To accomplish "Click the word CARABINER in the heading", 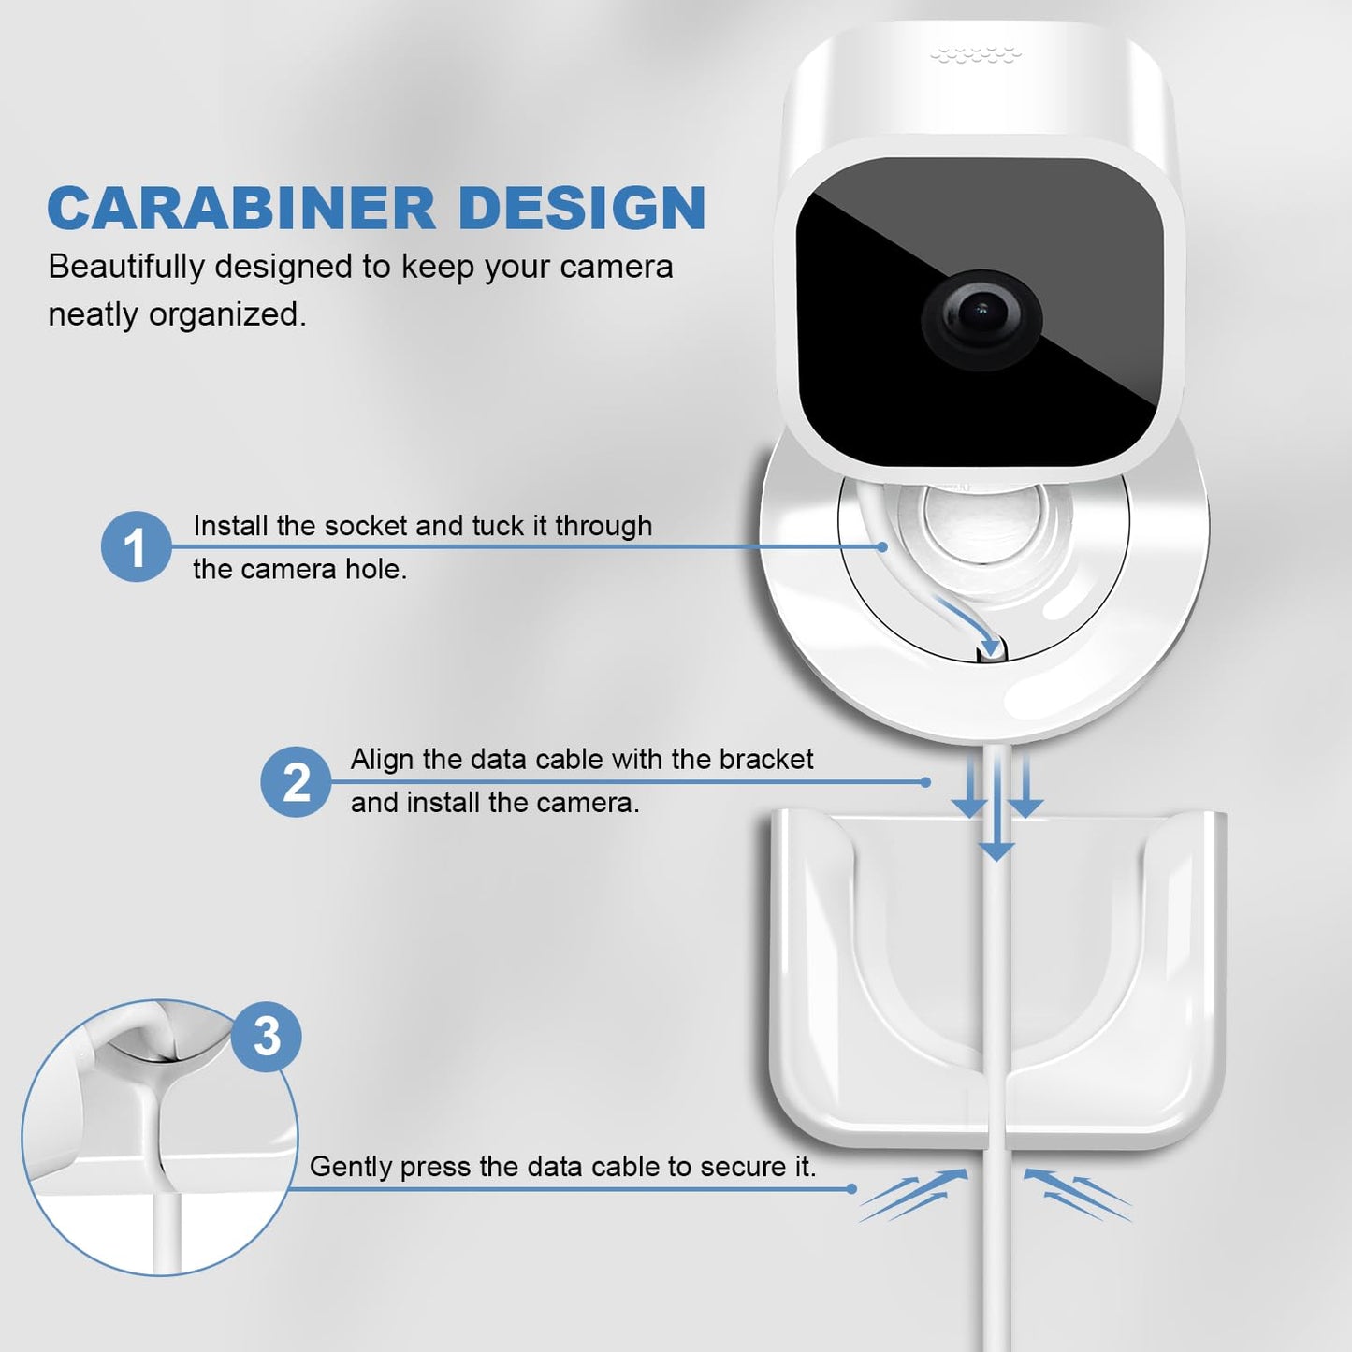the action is (242, 209).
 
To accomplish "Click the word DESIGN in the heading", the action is (585, 209).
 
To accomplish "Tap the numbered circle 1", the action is (136, 546).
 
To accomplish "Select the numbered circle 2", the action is (296, 781).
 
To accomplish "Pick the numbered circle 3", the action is (266, 1037).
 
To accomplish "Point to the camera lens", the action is (981, 320).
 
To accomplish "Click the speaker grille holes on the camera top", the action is (976, 55).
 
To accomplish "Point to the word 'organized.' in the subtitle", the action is (227, 315).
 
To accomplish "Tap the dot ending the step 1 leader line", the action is (882, 546).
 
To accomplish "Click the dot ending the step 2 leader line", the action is (925, 781).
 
